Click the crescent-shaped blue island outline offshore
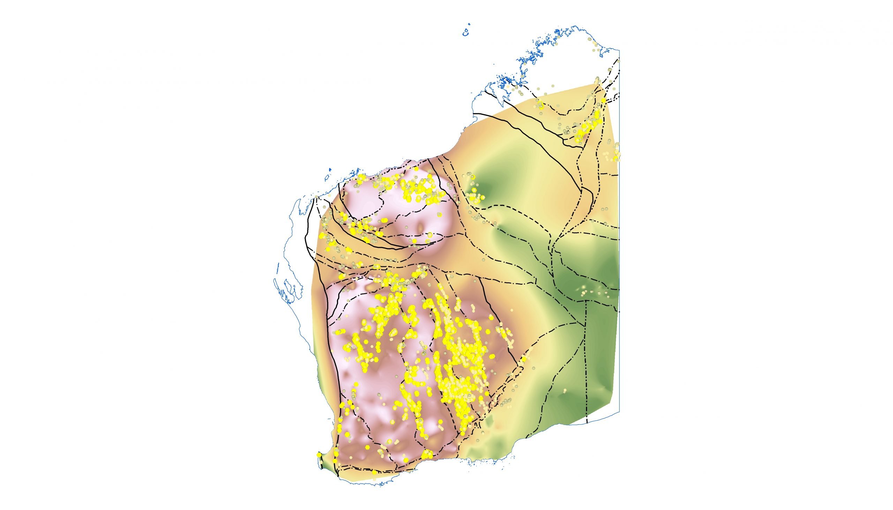point(466,33)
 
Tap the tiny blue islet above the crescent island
point(469,24)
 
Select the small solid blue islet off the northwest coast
point(330,170)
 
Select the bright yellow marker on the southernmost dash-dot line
point(374,472)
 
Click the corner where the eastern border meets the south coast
point(619,412)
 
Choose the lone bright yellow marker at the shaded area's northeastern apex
point(603,100)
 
